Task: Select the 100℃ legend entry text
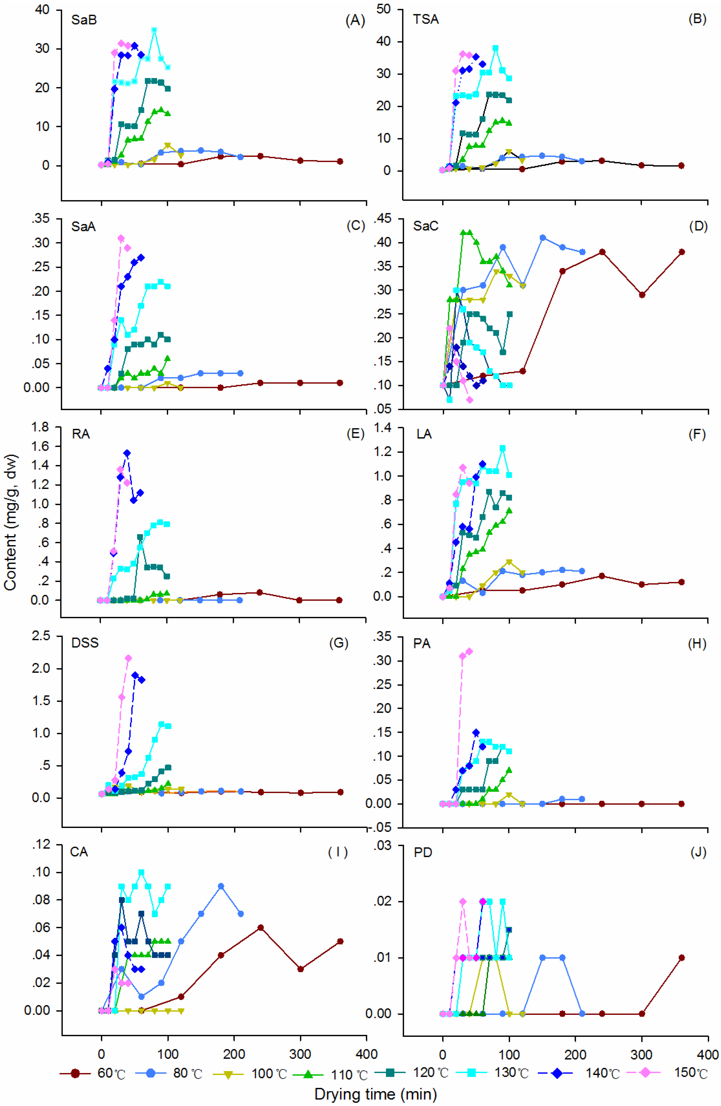pyautogui.click(x=269, y=1074)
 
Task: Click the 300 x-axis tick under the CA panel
pyautogui.click(x=300, y=1054)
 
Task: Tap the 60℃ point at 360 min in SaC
pyautogui.click(x=681, y=252)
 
